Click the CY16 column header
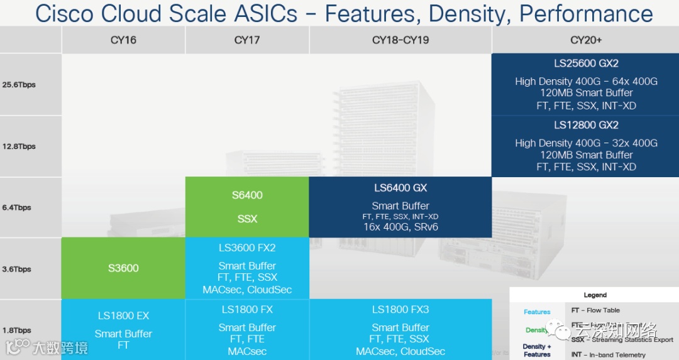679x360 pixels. [x=123, y=40]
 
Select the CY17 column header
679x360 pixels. [x=247, y=40]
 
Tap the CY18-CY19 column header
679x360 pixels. [x=400, y=40]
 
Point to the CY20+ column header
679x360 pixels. [x=586, y=40]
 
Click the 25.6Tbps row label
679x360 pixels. [x=19, y=85]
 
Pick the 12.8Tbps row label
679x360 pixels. [x=19, y=146]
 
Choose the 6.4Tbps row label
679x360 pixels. [x=17, y=207]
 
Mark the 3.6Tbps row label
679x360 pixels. [x=17, y=269]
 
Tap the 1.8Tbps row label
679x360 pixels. [x=17, y=330]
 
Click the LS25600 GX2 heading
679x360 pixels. [x=586, y=63]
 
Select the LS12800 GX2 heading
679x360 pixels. [x=586, y=125]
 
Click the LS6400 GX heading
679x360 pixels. [x=400, y=187]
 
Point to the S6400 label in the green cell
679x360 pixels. [x=247, y=195]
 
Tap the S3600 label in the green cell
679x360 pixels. [x=123, y=268]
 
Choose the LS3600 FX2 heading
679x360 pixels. [x=247, y=248]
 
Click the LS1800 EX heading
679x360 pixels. [x=123, y=316]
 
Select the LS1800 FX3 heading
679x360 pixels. [x=400, y=310]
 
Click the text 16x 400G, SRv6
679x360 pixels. [x=400, y=227]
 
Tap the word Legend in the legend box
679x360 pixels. [x=595, y=295]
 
